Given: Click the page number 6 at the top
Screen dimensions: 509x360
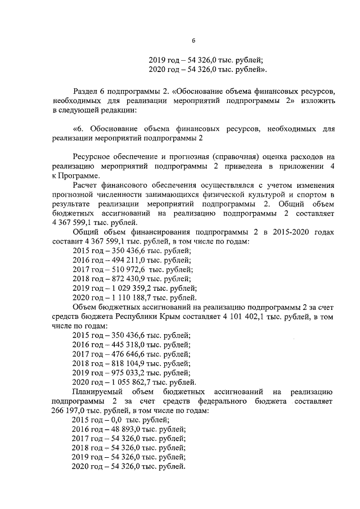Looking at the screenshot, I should click(193, 40).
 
